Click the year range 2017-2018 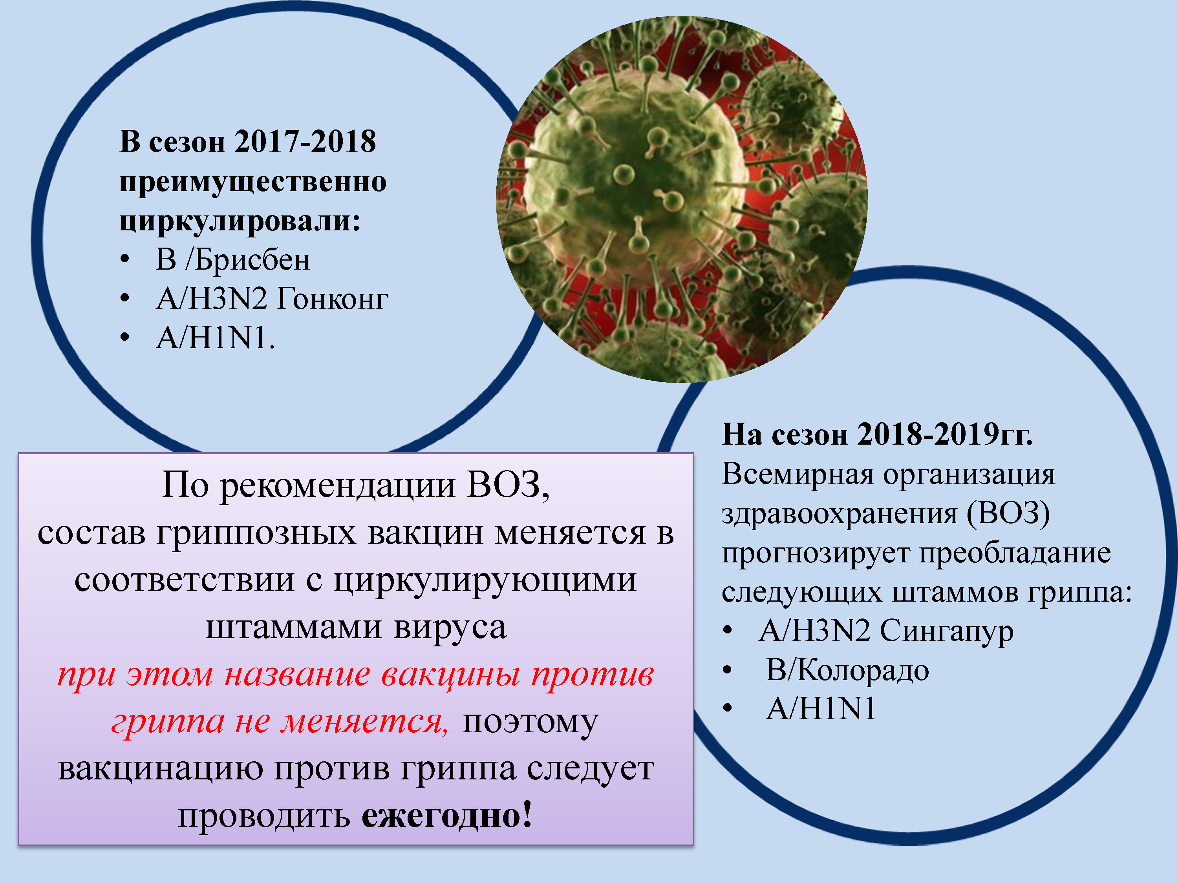pos(305,142)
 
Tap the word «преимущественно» pos(253,182)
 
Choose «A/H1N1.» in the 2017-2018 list pos(215,338)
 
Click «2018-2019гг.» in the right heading pos(945,434)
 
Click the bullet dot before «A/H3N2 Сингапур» pos(728,631)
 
